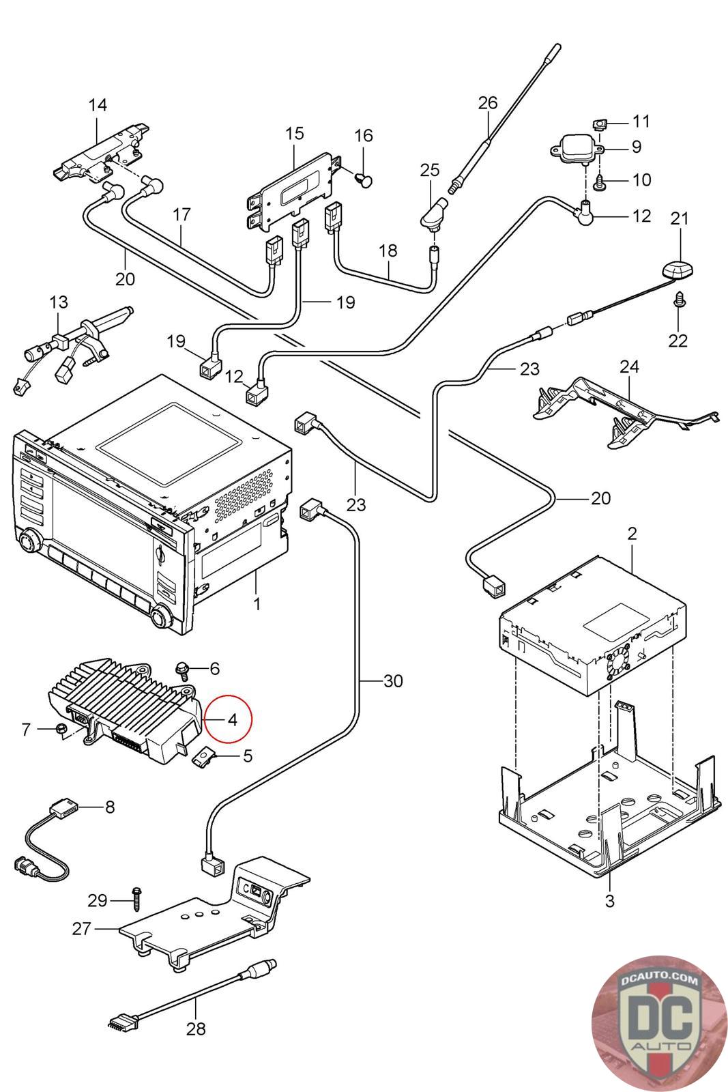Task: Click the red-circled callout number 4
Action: tap(231, 719)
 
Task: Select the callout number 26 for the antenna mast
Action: tap(487, 103)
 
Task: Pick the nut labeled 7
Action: tap(60, 728)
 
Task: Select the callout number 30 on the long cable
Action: tap(393, 680)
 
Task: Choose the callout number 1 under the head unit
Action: tap(257, 605)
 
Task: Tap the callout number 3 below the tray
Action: tap(609, 900)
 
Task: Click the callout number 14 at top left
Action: tap(98, 104)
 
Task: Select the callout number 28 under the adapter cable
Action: tap(196, 1028)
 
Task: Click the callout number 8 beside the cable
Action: tap(110, 807)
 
